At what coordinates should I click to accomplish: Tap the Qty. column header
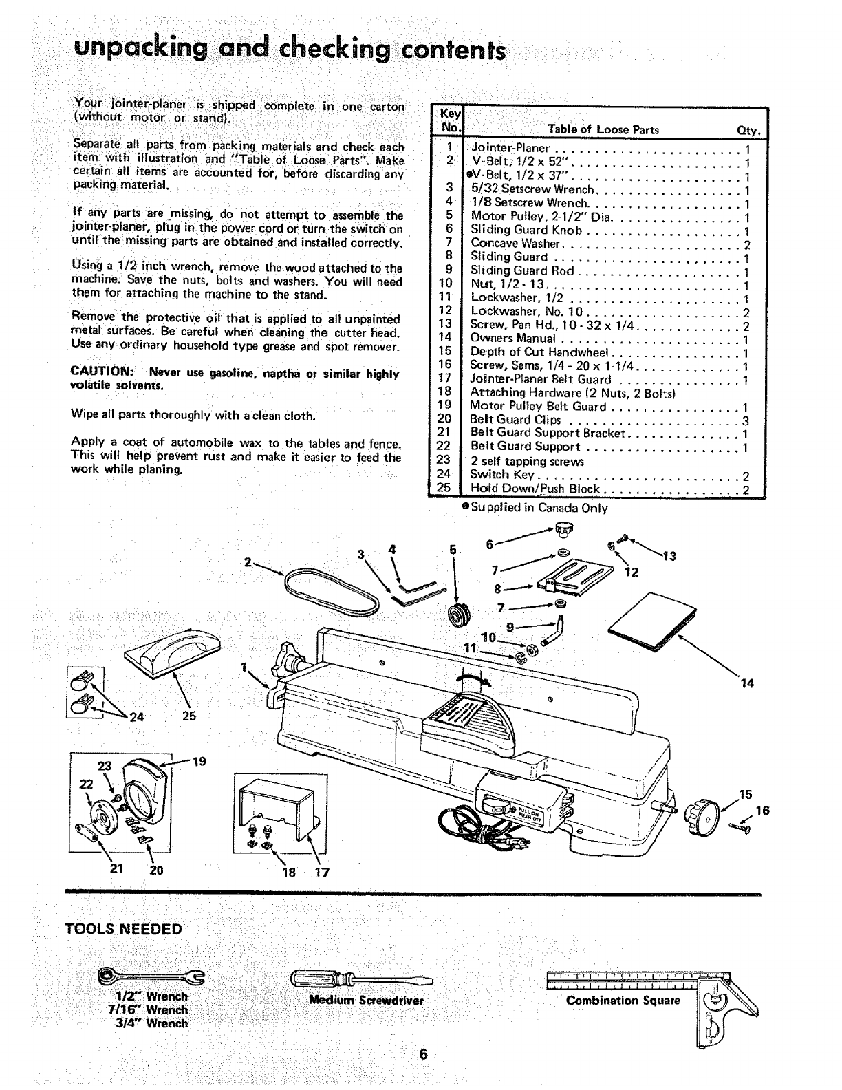tap(748, 131)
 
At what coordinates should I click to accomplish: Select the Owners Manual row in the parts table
tap(609, 339)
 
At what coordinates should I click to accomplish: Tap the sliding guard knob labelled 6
tap(563, 528)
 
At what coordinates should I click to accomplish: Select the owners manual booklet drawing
tap(652, 622)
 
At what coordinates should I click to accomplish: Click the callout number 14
tap(746, 683)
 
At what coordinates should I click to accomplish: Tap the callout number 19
tap(199, 762)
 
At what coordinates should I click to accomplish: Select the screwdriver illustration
tap(361, 978)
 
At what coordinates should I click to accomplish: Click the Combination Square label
tap(623, 1001)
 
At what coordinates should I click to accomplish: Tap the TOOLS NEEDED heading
tap(123, 929)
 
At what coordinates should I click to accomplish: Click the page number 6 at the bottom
tap(423, 1054)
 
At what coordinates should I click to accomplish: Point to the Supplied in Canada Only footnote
tap(535, 508)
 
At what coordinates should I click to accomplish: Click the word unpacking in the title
tap(140, 49)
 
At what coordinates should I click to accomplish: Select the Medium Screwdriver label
tap(367, 1001)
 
